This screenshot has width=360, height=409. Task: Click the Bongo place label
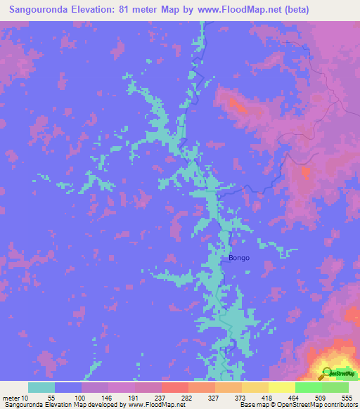click(x=238, y=258)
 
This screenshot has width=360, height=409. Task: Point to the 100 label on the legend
click(x=81, y=398)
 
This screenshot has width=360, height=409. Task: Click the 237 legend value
click(x=161, y=398)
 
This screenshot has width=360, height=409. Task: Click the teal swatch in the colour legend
click(x=41, y=387)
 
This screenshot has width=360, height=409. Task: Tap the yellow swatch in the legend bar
click(x=281, y=387)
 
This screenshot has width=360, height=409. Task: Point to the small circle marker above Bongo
click(x=218, y=195)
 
